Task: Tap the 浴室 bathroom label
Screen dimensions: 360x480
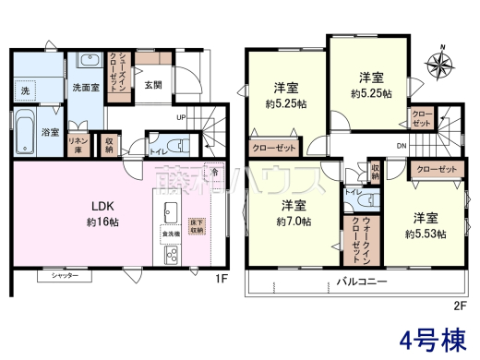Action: click(x=52, y=133)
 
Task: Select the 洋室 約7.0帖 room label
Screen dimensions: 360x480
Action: click(x=293, y=213)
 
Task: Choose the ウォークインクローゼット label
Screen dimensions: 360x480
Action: click(x=355, y=235)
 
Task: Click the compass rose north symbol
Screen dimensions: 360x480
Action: click(x=440, y=64)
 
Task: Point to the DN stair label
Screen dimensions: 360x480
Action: click(x=402, y=146)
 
